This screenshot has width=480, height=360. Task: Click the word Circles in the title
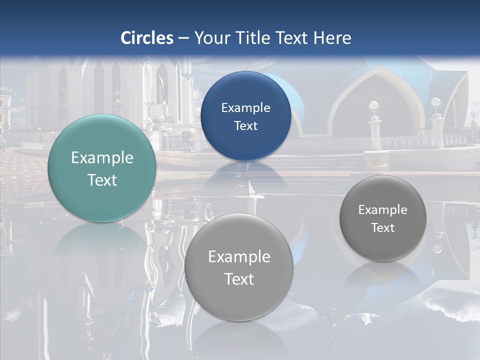[x=147, y=38]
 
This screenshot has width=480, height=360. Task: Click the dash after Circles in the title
[x=183, y=38]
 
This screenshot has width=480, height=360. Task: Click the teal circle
[x=102, y=168]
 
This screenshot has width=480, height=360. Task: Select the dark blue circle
[x=245, y=116]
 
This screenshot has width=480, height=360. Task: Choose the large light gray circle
[x=239, y=267]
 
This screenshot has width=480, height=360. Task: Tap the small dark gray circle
[x=383, y=218]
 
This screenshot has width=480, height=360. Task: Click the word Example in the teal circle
[x=102, y=158]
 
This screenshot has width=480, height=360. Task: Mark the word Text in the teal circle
[x=102, y=180]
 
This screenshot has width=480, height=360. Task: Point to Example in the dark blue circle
[x=245, y=108]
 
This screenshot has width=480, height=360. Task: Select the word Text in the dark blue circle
[x=245, y=126]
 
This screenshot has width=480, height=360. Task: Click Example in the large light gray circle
[x=239, y=257]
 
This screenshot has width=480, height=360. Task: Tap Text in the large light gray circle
[x=239, y=279]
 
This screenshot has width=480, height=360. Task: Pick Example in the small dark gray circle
[x=383, y=210]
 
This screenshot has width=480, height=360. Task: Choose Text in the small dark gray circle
[x=383, y=228]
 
